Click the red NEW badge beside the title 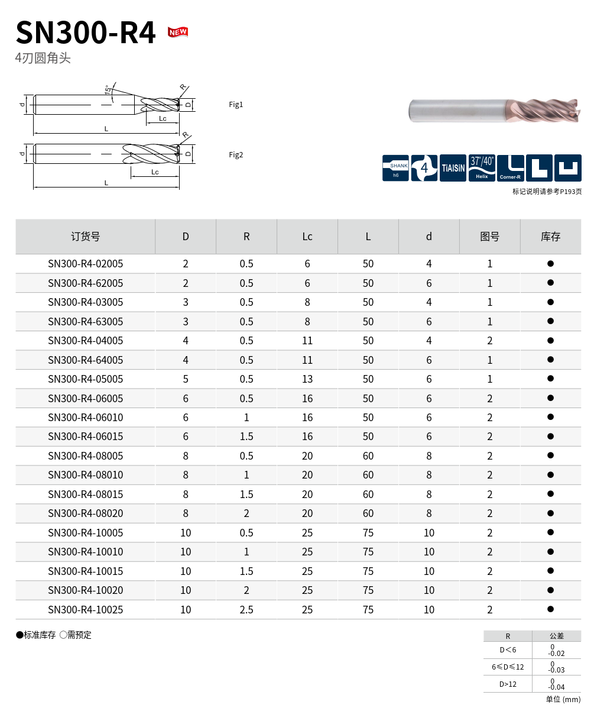click(178, 32)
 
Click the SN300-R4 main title click(86, 33)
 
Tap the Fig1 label click(236, 105)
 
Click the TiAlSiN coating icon click(453, 168)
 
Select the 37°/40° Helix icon click(482, 168)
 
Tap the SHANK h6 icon click(395, 168)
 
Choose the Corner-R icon click(510, 168)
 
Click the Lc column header click(307, 237)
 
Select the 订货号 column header click(86, 237)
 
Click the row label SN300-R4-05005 click(86, 379)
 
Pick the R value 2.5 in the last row click(246, 610)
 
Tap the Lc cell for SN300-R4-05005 click(307, 379)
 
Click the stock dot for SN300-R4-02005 click(550, 264)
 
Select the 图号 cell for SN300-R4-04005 click(489, 341)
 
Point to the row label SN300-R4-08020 click(86, 513)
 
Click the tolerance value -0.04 click(556, 687)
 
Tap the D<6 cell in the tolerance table click(508, 650)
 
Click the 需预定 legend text click(79, 635)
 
